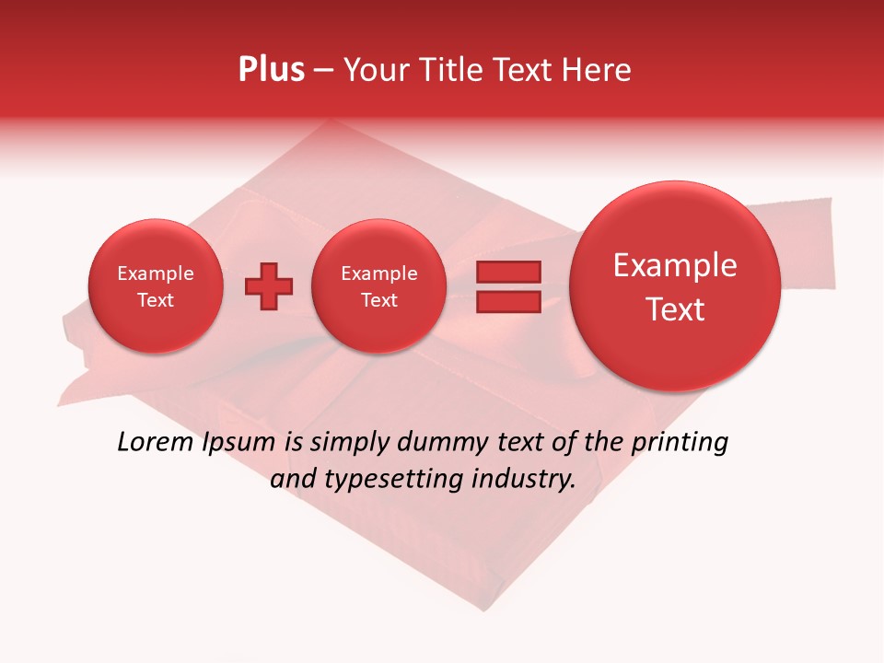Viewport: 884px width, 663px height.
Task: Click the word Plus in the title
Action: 272,70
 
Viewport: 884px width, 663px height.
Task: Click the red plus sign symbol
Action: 269,286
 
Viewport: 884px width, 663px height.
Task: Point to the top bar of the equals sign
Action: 508,272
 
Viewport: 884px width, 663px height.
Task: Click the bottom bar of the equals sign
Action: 508,302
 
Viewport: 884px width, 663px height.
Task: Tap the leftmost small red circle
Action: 155,286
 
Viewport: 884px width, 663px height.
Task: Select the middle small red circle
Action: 378,286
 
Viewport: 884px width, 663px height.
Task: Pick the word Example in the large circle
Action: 675,265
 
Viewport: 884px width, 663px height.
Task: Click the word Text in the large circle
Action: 675,309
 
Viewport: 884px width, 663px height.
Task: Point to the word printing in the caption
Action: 679,443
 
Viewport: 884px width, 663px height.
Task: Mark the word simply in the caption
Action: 350,443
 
